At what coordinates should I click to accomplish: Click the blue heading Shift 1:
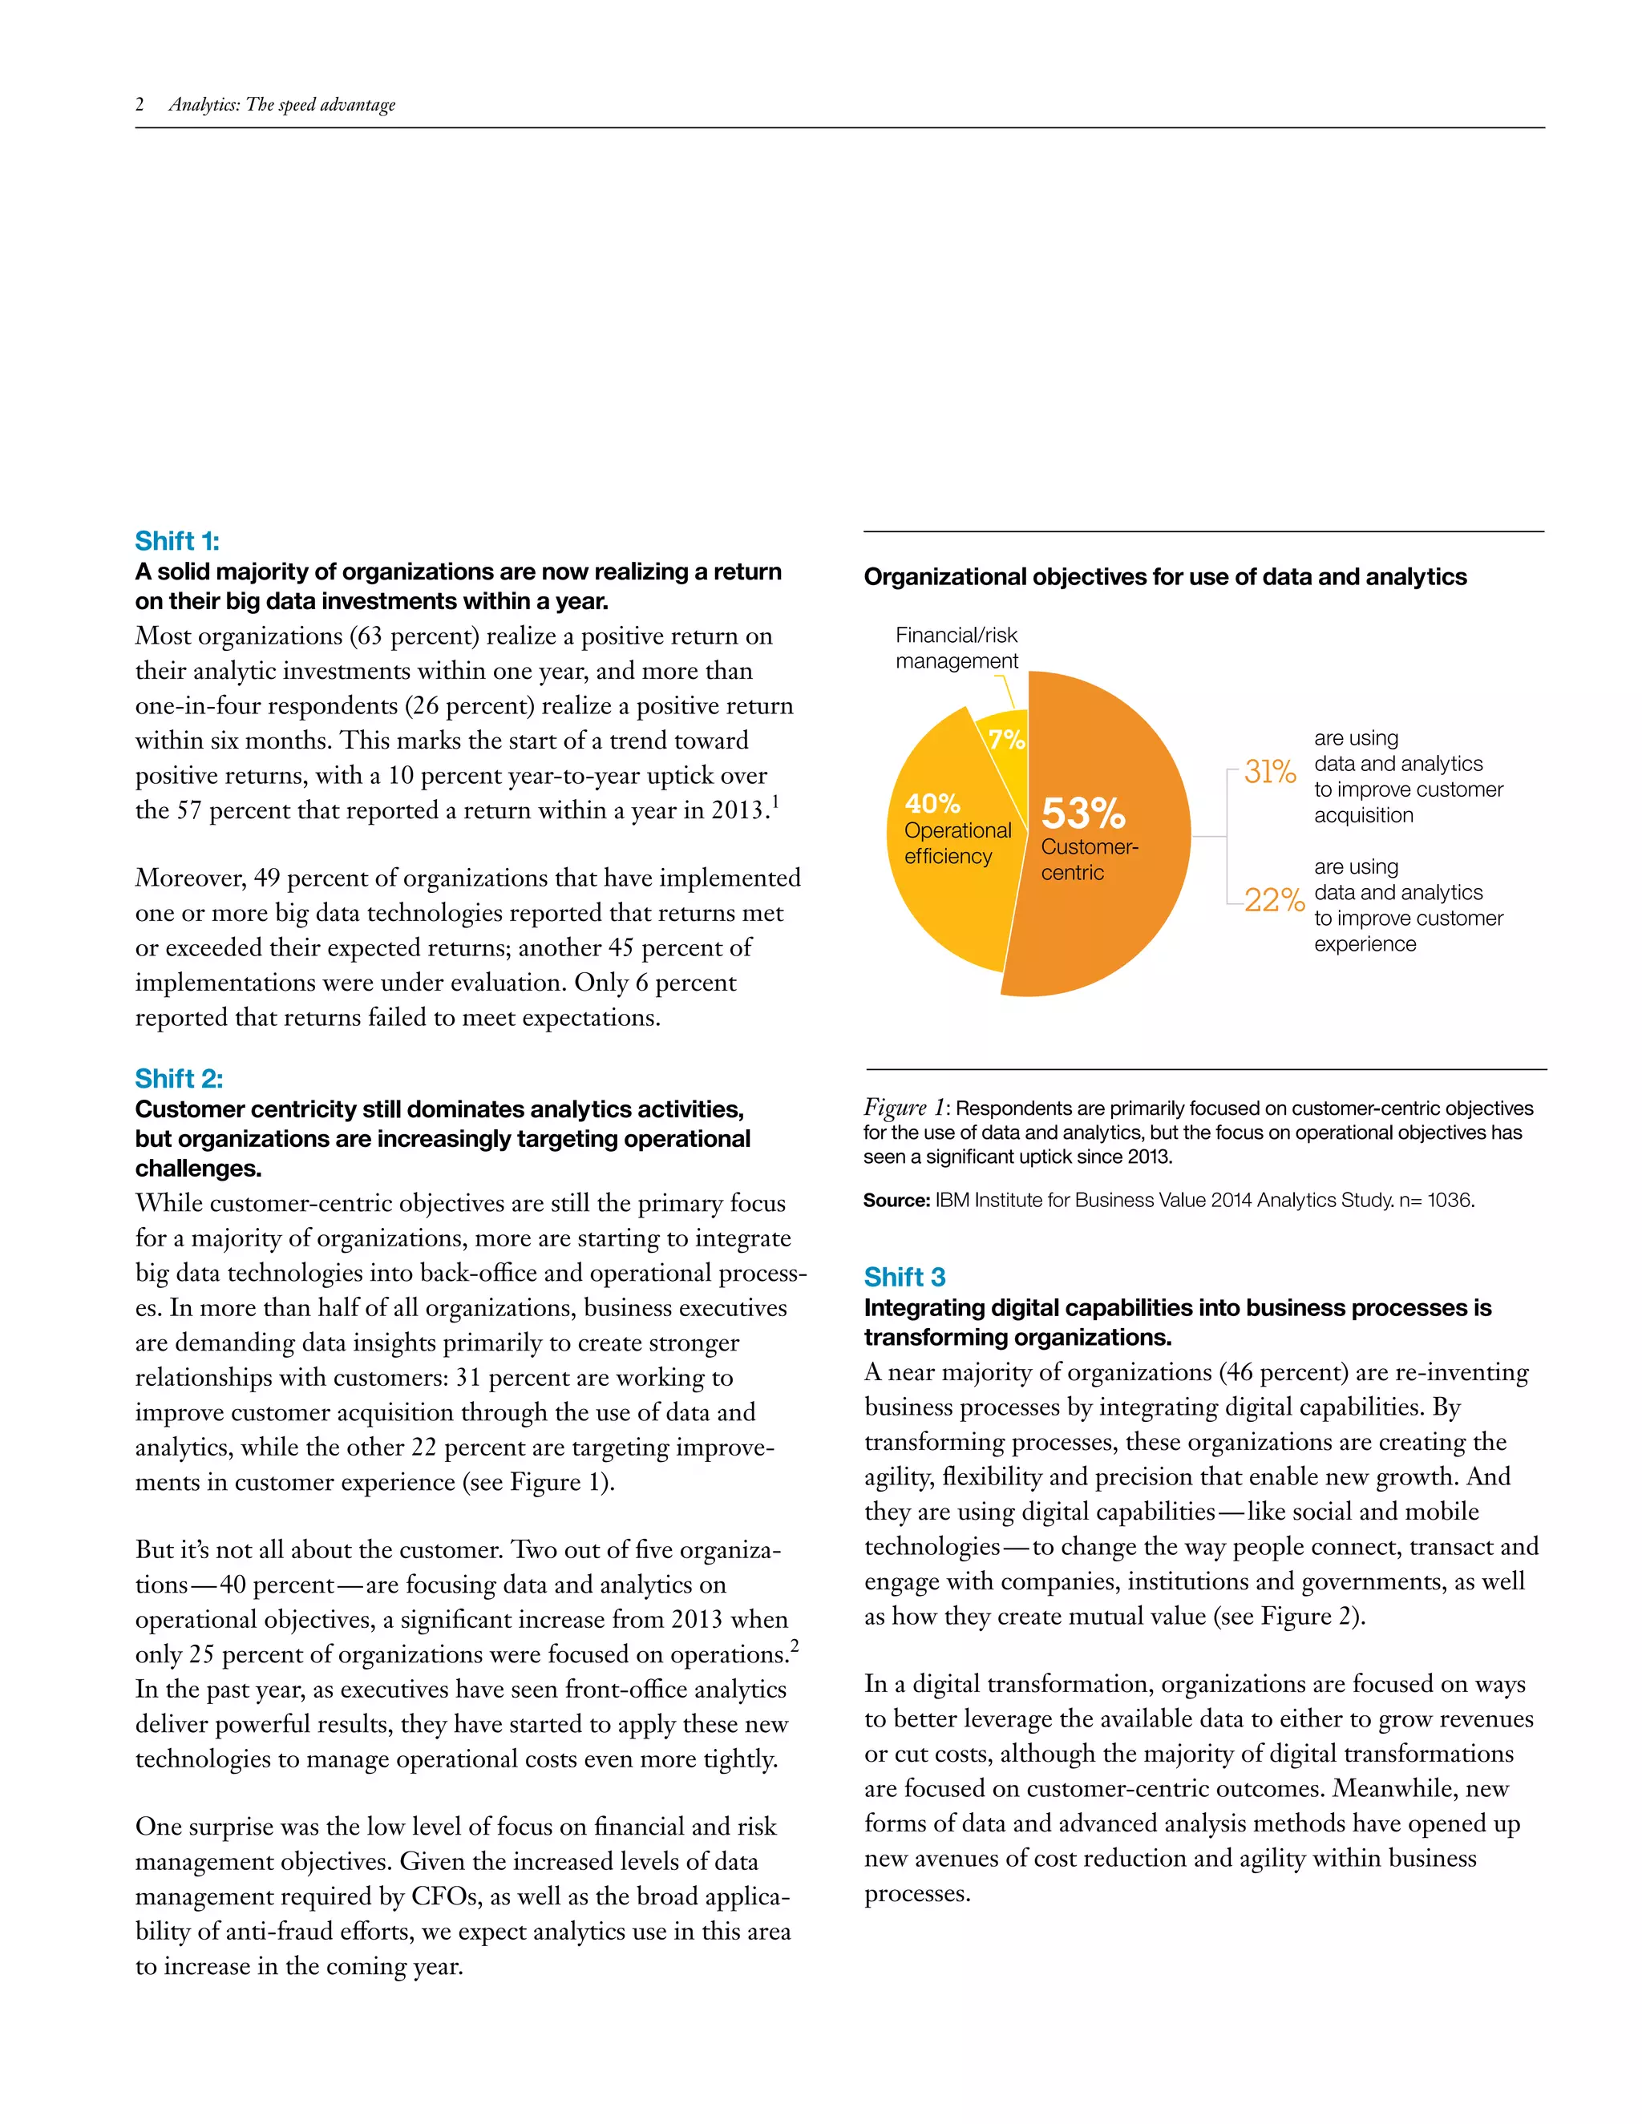[177, 541]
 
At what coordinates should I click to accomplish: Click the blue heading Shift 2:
[179, 1079]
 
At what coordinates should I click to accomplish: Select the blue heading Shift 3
[904, 1277]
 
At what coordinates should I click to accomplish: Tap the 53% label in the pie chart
[1082, 813]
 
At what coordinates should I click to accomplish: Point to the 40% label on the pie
[932, 803]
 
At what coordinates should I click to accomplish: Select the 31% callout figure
[1269, 772]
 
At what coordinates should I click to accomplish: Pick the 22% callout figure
[1273, 901]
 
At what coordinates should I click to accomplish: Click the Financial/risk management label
[956, 648]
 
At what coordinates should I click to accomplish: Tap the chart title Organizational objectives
[1164, 577]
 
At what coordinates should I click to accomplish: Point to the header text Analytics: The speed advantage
[282, 104]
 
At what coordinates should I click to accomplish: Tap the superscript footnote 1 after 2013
[775, 801]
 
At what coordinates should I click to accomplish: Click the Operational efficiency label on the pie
[956, 843]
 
